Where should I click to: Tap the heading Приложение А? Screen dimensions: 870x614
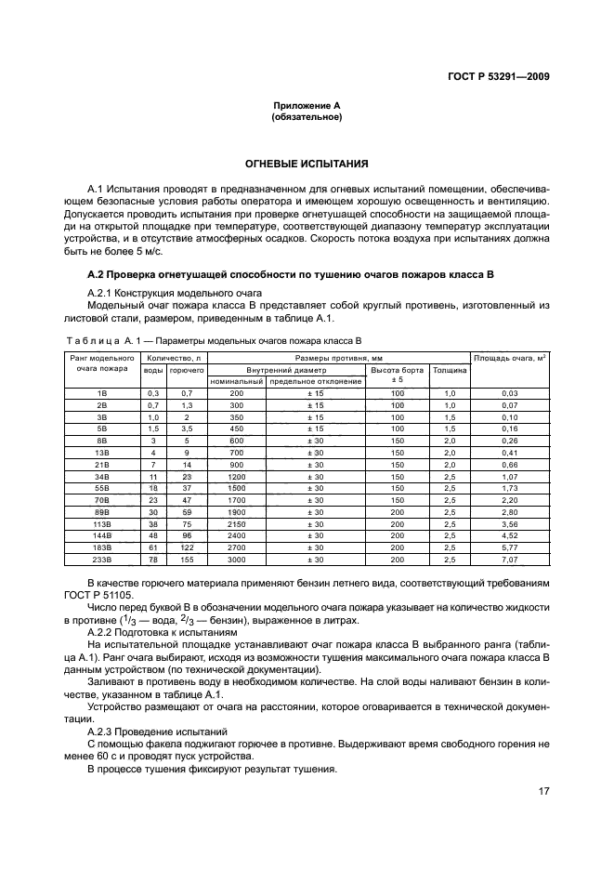click(x=307, y=107)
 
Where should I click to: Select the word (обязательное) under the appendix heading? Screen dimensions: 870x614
click(x=307, y=118)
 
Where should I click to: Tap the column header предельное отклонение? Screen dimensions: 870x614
click(x=316, y=381)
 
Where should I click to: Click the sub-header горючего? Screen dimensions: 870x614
click(x=187, y=369)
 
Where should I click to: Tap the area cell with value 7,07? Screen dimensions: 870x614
click(x=509, y=560)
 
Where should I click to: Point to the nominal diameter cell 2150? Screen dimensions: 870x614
click(x=236, y=524)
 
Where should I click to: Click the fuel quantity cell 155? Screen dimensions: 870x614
click(x=187, y=560)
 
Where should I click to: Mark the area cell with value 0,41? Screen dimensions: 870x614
click(x=509, y=452)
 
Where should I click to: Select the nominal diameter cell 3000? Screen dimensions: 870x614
click(x=236, y=560)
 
